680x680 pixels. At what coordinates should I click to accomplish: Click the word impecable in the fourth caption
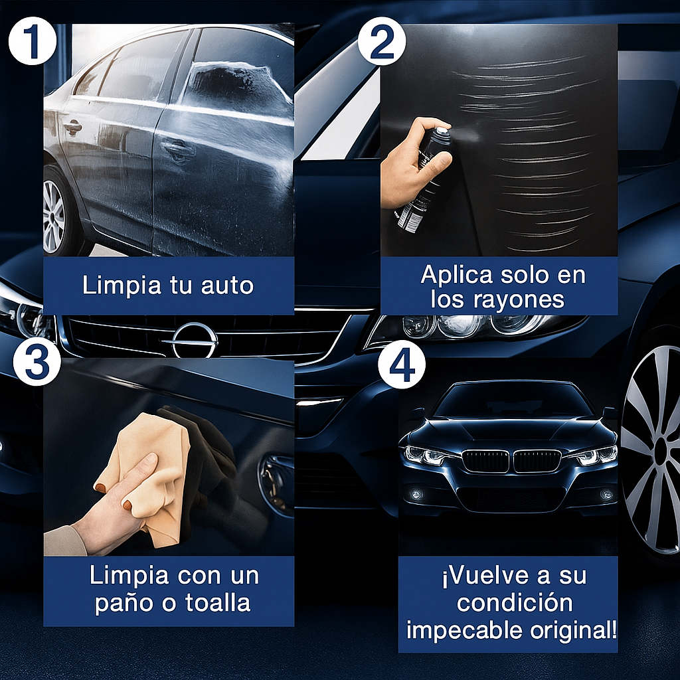[x=458, y=630]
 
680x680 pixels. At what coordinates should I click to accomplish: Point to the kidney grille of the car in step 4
[x=511, y=460]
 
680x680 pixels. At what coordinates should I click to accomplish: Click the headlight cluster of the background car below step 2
[x=465, y=325]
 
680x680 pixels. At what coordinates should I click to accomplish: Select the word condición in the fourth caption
[x=515, y=603]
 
